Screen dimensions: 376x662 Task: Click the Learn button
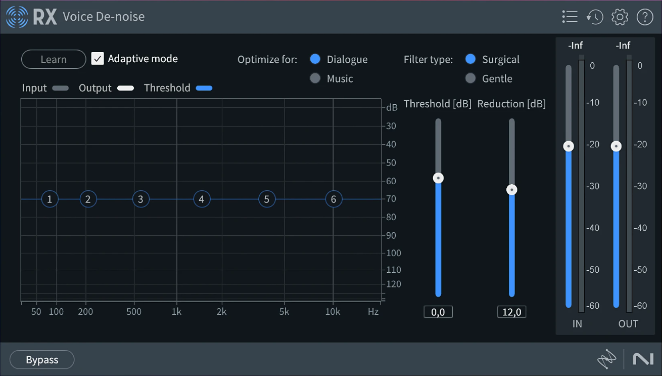(x=54, y=59)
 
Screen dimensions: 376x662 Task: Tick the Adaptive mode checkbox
(x=98, y=59)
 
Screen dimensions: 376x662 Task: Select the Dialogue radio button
(x=315, y=59)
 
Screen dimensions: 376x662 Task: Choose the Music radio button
(x=315, y=78)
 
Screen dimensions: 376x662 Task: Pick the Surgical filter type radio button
(x=470, y=59)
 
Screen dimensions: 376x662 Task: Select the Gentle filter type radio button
(x=470, y=78)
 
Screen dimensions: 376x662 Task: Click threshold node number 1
(x=50, y=199)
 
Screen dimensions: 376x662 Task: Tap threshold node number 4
(x=202, y=199)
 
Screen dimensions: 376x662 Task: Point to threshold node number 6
(x=334, y=199)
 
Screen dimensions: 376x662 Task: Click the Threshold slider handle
(x=438, y=178)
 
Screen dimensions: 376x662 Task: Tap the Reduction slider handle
(x=512, y=190)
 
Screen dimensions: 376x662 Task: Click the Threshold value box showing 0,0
(x=438, y=312)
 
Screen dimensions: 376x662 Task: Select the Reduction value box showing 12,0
(x=511, y=312)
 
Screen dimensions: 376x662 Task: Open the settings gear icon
(x=620, y=17)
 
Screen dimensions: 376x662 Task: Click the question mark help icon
(x=645, y=17)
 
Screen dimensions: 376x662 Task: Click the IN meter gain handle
(x=569, y=146)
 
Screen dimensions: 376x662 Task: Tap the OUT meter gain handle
(x=616, y=146)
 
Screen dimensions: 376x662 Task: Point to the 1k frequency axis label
(x=176, y=312)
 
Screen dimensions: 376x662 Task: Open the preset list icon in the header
(x=570, y=17)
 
